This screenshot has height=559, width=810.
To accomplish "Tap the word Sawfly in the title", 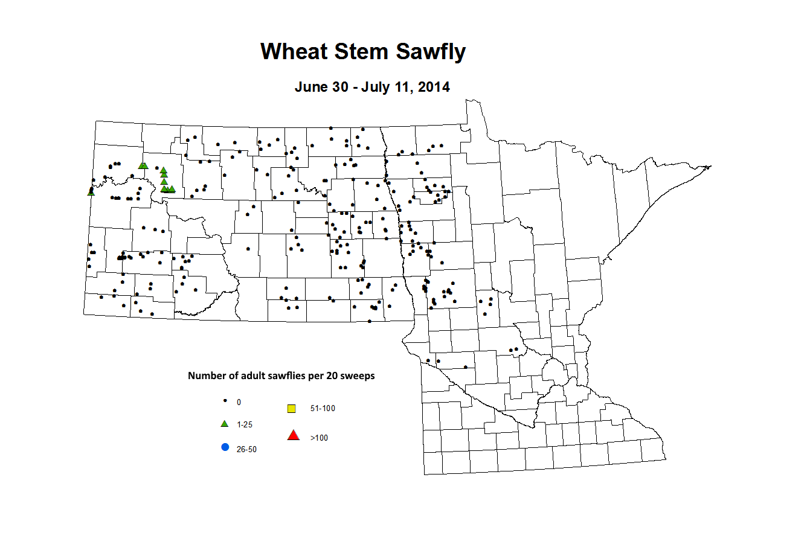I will pos(431,52).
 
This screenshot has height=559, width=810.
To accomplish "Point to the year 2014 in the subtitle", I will pos(434,87).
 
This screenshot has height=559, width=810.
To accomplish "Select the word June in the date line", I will pos(309,87).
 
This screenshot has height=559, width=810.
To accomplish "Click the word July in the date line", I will pos(376,87).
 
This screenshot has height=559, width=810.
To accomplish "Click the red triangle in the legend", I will pos(294,435).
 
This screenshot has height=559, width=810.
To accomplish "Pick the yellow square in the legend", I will pos(292,409).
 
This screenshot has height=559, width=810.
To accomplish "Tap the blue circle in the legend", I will pos(225,447).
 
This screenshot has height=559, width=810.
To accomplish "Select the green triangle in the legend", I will pos(225,424).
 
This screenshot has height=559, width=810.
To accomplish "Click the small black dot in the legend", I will pos(225,401).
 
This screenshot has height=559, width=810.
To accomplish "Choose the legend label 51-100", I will pos(323,409).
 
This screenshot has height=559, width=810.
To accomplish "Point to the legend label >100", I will pos(319,438).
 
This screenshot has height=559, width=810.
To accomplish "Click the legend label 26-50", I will pos(246,450).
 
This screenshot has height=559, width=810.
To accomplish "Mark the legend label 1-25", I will pos(245,425).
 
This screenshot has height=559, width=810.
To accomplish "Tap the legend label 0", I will pos(239,403).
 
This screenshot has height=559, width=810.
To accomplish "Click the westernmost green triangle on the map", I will pos(91,192).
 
